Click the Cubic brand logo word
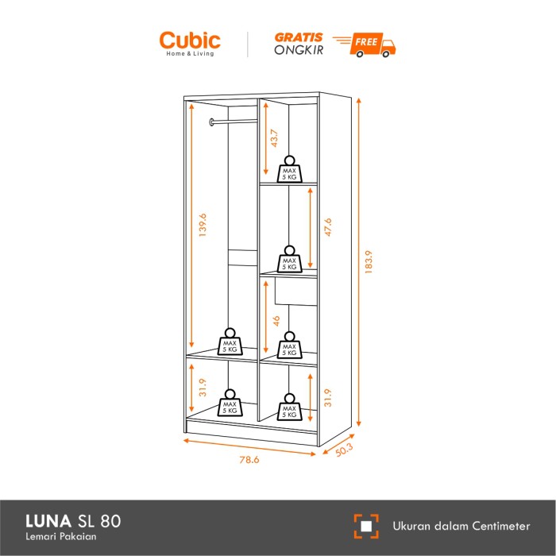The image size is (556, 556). click(x=190, y=41)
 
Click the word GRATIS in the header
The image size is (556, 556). click(x=299, y=37)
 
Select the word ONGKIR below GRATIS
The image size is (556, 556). click(x=299, y=50)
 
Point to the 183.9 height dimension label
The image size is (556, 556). click(x=369, y=262)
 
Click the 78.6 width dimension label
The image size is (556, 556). click(x=249, y=460)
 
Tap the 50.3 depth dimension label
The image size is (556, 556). click(x=344, y=450)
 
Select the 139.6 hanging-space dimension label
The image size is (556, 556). click(x=203, y=225)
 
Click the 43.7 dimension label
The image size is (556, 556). click(x=274, y=138)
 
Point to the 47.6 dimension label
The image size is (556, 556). click(x=328, y=227)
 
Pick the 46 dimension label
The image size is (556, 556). click(x=276, y=321)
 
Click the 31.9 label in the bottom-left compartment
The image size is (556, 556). click(x=203, y=388)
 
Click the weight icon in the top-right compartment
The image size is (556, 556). click(x=289, y=169)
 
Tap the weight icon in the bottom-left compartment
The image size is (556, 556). click(x=230, y=403)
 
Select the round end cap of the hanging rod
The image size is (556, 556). click(x=212, y=122)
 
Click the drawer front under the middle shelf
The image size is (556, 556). click(x=295, y=292)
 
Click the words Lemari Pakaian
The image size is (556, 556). click(x=61, y=536)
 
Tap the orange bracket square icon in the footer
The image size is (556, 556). click(x=366, y=526)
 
